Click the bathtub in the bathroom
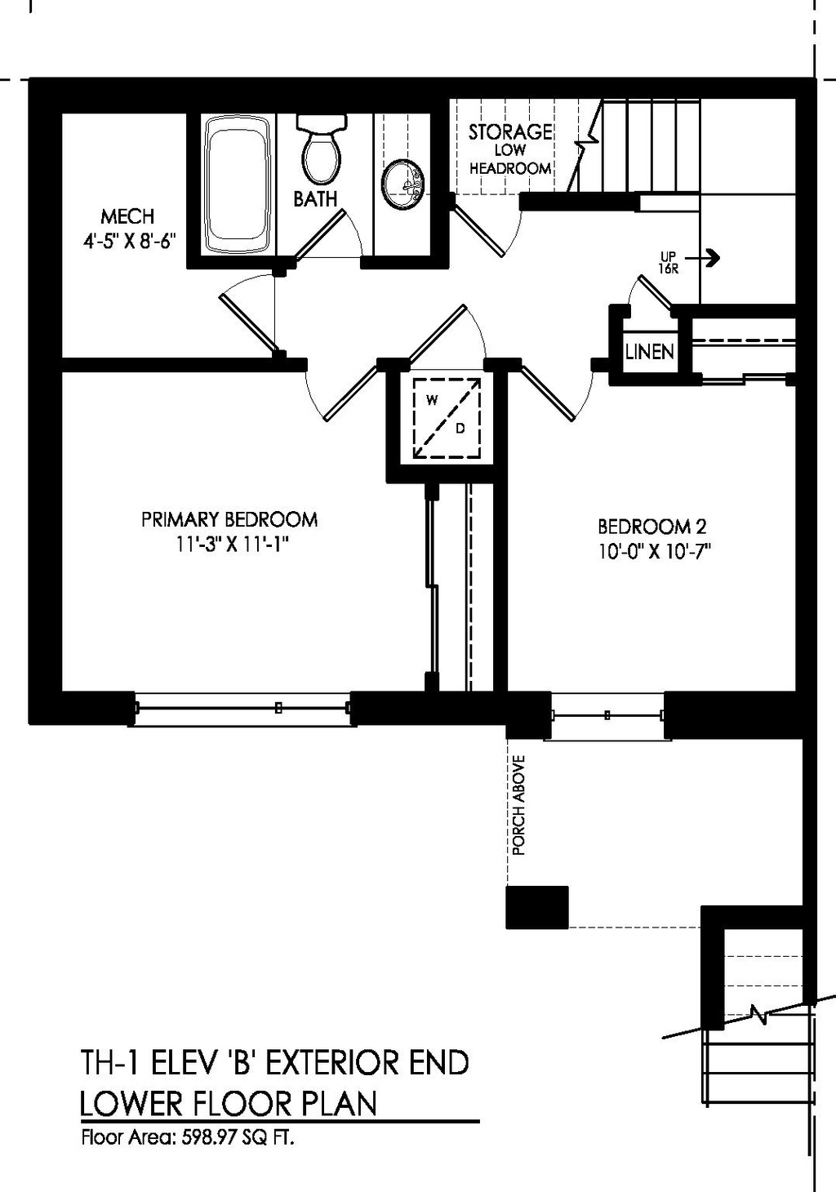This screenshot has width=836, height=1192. pos(238,185)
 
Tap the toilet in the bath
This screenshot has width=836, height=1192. pos(321,150)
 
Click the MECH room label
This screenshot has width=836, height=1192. pos(127,216)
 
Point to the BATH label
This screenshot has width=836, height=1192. pos(315,199)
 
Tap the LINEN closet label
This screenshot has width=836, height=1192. pos(650,352)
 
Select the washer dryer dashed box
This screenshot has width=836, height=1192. pos(446,417)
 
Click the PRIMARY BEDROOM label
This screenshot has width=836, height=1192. pos(229,519)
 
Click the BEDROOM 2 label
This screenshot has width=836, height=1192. pos(651,527)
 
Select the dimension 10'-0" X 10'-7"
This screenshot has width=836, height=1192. pos(654,551)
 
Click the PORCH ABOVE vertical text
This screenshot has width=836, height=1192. pos(518,805)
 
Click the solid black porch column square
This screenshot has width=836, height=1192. pos(536,907)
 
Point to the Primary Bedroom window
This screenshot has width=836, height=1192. pos(243,708)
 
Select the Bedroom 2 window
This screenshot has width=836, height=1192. pos(607,716)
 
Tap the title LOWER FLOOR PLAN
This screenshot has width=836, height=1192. pos(229,1103)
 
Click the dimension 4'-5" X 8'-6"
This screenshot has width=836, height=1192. pos(129,242)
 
